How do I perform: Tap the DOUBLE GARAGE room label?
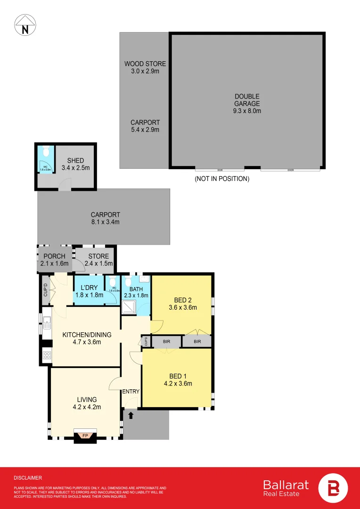(x=247, y=104)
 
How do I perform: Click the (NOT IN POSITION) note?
(x=222, y=179)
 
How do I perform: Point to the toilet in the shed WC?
(x=45, y=152)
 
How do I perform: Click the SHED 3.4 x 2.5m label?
(x=75, y=164)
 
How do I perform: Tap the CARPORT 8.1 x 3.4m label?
(x=105, y=218)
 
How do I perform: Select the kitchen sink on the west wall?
(x=47, y=323)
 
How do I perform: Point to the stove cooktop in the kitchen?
(x=47, y=356)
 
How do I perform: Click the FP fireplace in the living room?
(x=85, y=435)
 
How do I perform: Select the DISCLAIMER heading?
(x=28, y=477)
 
